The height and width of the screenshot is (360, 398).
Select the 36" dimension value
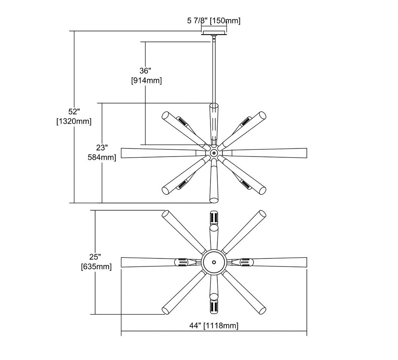146,70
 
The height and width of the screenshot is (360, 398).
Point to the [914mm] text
146,80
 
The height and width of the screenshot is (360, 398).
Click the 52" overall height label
74,112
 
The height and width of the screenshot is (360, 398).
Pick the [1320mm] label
74,121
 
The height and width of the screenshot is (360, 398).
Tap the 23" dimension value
102,147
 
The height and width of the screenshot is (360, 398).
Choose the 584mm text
102,157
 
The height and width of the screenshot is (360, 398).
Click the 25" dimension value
95,257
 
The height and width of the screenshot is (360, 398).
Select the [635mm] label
96,267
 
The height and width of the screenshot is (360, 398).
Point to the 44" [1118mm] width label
214,325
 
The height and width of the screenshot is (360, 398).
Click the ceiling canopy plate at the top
214,33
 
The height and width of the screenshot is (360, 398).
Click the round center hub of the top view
214,262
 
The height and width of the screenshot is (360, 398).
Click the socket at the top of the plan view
214,217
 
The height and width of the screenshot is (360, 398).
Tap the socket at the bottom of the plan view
214,307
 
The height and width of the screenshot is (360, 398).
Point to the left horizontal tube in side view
163,153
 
